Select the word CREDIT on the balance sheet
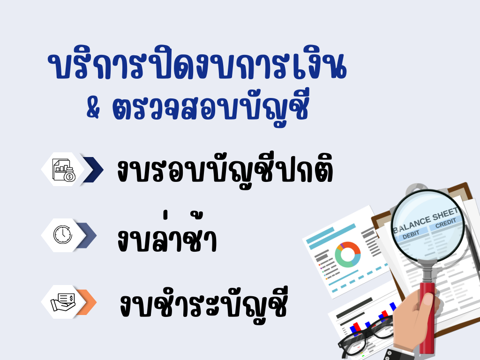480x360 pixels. [x=445, y=224]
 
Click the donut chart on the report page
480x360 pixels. [x=347, y=255]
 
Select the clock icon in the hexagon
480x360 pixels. [x=62, y=234]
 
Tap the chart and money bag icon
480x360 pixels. [x=63, y=169]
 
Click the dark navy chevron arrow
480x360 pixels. [x=92, y=169]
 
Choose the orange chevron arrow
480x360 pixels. [x=87, y=301]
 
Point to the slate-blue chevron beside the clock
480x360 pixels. [x=87, y=235]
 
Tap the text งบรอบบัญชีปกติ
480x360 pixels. [x=225, y=171]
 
